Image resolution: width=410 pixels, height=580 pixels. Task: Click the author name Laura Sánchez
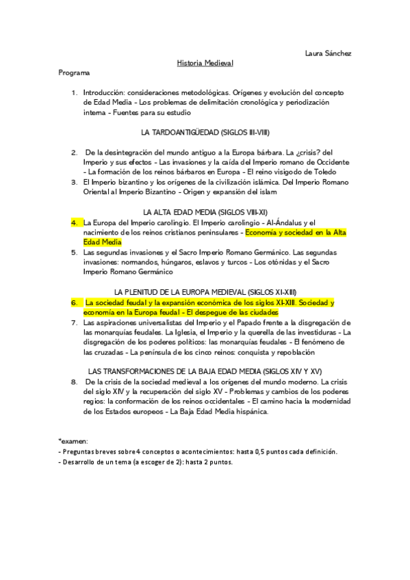328,53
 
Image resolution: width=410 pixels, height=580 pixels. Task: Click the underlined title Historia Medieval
205,62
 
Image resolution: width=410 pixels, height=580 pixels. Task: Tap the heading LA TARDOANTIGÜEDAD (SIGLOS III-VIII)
205,131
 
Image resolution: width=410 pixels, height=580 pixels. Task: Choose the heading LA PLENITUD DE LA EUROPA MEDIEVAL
205,292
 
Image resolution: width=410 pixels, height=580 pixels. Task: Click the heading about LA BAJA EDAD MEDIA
205,371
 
